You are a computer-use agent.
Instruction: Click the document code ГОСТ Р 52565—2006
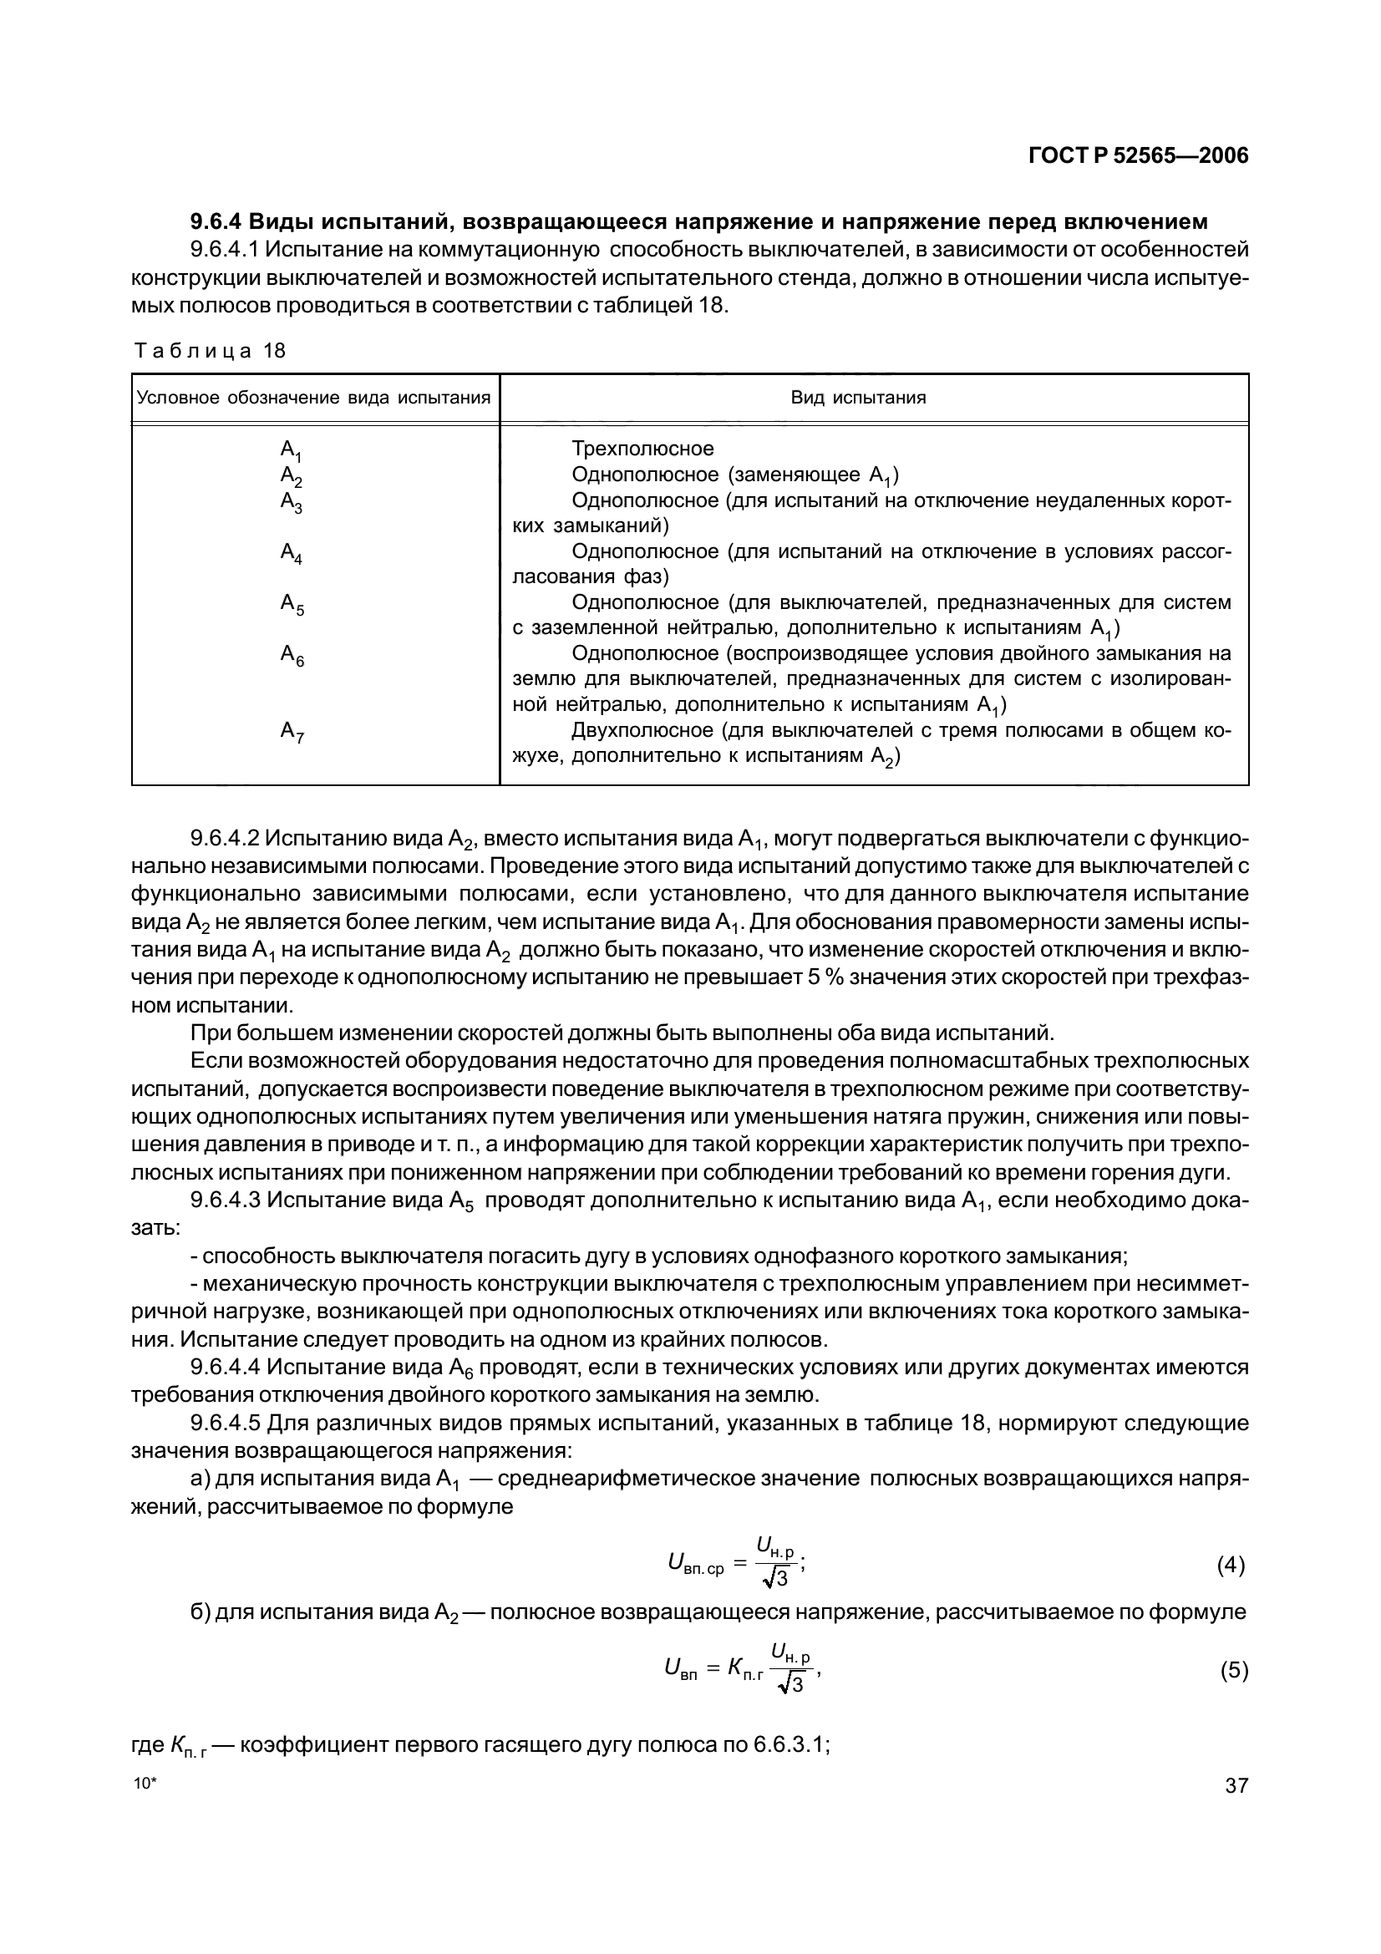[1138, 156]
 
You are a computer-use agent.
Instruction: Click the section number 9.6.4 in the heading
[216, 222]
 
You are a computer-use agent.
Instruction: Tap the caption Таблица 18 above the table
[210, 351]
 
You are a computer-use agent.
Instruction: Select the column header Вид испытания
[858, 398]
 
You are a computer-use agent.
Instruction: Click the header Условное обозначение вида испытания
[314, 398]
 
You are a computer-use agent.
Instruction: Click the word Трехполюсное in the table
[642, 449]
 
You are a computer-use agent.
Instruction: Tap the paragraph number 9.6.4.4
[225, 1368]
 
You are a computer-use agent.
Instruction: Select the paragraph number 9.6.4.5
[225, 1423]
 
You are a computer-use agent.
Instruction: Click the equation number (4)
[1231, 1565]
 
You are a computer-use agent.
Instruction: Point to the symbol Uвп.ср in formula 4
[695, 1563]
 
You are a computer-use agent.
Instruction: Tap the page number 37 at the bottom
[1236, 1785]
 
